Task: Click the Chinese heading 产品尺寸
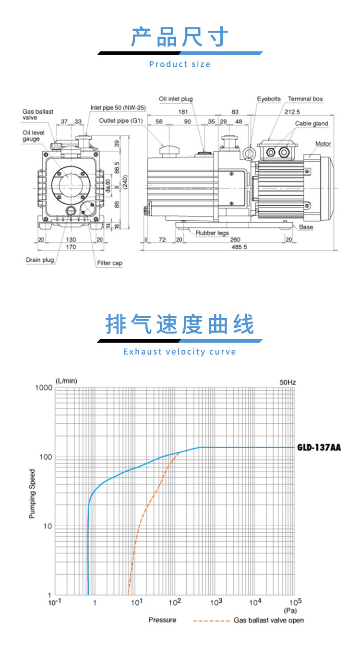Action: [x=180, y=37]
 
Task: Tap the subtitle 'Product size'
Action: [x=180, y=64]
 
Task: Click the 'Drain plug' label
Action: [x=40, y=260]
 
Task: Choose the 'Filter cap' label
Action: [x=110, y=263]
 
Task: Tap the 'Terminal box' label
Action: [x=305, y=99]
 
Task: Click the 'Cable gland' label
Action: [x=311, y=124]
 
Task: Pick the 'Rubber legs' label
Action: [x=212, y=233]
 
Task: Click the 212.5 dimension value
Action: [x=292, y=112]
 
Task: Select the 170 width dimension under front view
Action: [x=71, y=248]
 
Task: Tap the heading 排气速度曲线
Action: [x=180, y=325]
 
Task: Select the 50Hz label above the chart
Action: [x=288, y=383]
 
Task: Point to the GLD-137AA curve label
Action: [x=319, y=447]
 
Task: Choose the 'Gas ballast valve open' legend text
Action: [x=269, y=620]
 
